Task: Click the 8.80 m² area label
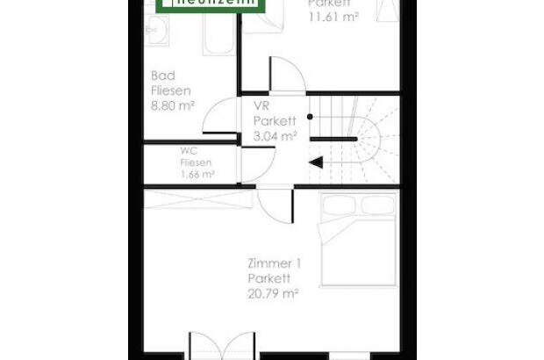(172, 104)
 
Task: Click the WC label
(189, 150)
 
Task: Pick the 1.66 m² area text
(197, 174)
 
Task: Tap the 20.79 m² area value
(273, 293)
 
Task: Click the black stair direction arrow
(316, 162)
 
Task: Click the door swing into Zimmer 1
(274, 206)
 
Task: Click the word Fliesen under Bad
(170, 90)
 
